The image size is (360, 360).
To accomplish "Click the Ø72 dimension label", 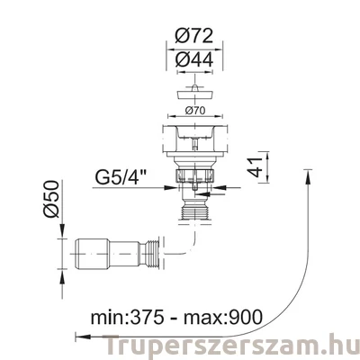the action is [x=194, y=36].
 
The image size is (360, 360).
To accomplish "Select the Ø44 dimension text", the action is [x=194, y=59].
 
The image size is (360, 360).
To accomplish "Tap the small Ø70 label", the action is [x=195, y=111].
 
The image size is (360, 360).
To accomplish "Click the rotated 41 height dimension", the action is [x=255, y=167].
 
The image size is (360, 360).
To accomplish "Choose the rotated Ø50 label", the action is [x=50, y=199].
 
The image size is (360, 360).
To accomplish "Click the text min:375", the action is [x=128, y=317].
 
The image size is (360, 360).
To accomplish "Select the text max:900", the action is [x=223, y=317].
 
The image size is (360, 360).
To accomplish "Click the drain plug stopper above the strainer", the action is [x=195, y=93].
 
